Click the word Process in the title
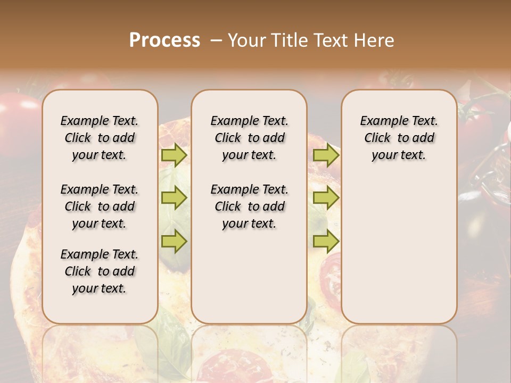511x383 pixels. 164,40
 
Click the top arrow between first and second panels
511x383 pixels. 174,155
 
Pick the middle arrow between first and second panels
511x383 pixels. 174,198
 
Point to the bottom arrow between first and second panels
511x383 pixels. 174,241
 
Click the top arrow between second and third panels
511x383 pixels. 326,155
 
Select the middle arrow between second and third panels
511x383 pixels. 326,198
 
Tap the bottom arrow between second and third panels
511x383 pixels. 326,241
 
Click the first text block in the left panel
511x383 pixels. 100,138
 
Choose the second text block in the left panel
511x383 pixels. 100,206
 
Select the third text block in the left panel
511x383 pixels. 100,271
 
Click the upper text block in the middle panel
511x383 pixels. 249,138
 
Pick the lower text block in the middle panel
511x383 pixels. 249,206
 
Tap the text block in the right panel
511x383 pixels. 399,138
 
